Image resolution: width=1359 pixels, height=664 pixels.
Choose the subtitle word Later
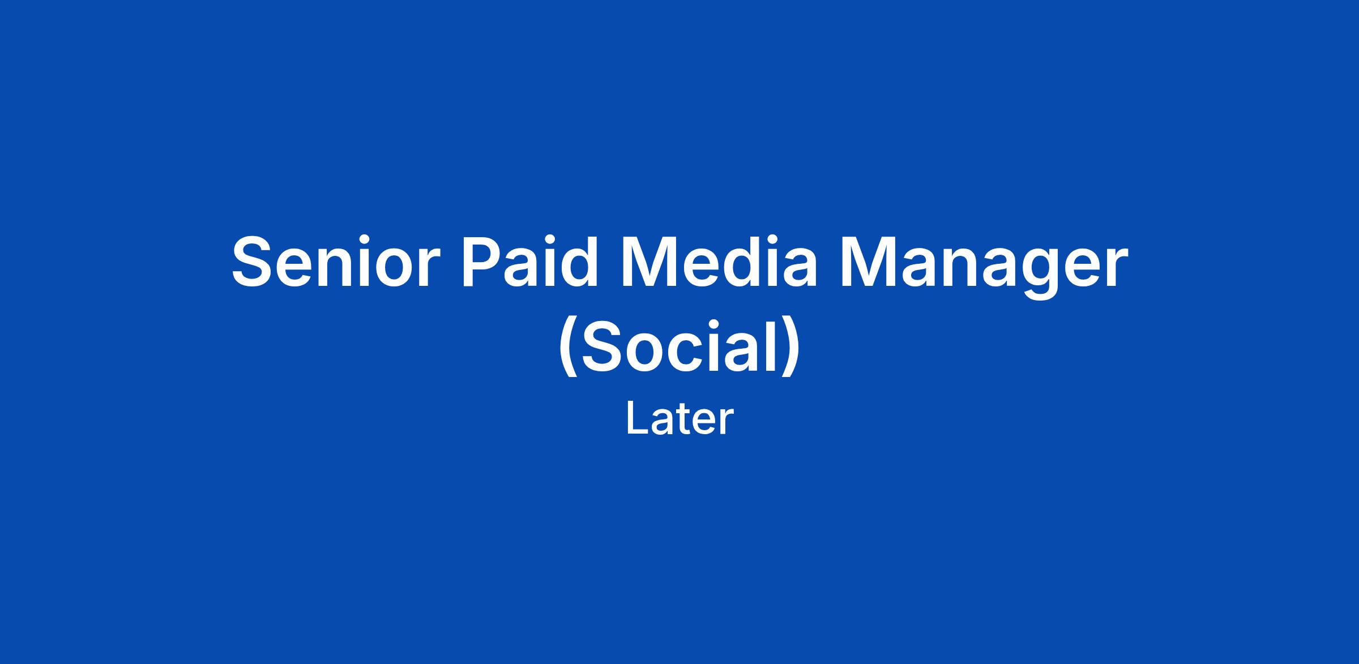pyautogui.click(x=679, y=419)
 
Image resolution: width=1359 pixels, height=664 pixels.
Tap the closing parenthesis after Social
pyautogui.click(x=791, y=348)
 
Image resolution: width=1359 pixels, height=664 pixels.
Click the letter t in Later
pyautogui.click(x=684, y=421)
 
